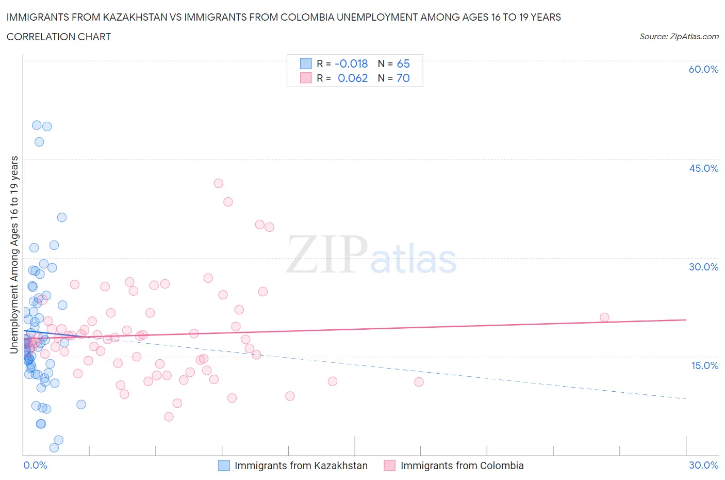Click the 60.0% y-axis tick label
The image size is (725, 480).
[703, 69]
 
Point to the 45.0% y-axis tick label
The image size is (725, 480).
[703, 168]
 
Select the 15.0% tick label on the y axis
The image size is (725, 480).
[704, 365]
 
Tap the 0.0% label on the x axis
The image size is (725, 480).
[35, 465]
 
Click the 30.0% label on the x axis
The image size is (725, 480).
[703, 465]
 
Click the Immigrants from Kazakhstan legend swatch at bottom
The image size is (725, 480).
[224, 466]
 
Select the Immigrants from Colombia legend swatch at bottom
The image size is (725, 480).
[390, 466]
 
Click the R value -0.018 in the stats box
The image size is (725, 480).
[351, 63]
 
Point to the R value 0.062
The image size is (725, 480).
[353, 78]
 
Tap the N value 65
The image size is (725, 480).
[403, 63]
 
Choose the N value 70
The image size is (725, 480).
[403, 78]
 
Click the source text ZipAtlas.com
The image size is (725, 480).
[679, 36]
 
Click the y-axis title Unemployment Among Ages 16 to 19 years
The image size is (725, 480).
[14, 254]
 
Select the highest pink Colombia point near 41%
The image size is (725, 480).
[218, 183]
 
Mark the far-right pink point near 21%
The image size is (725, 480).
[604, 317]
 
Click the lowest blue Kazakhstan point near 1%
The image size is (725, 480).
[54, 447]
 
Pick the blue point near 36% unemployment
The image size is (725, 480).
[62, 217]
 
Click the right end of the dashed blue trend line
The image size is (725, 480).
[686, 399]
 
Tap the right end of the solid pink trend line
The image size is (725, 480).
[686, 319]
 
